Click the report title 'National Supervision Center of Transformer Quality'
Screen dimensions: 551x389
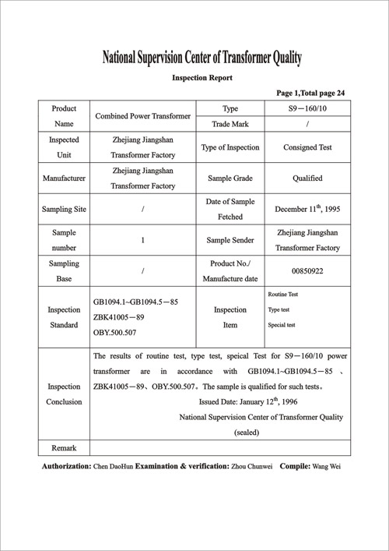[x=202, y=58]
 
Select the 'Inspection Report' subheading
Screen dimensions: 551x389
[x=202, y=78]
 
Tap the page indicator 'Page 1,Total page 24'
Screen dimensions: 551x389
[x=310, y=93]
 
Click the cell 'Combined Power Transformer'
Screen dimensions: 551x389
[x=142, y=116]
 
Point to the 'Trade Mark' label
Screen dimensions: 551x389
[x=230, y=124]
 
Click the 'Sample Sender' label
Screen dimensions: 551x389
[x=230, y=241]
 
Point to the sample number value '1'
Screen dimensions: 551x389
[x=142, y=241]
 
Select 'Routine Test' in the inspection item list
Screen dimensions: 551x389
[x=283, y=295]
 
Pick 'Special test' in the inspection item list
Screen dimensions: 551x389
[x=281, y=324]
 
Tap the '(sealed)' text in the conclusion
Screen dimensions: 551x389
[x=247, y=433]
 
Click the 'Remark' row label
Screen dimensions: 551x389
[x=64, y=448]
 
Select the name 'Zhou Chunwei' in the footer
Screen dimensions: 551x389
[x=254, y=467]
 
